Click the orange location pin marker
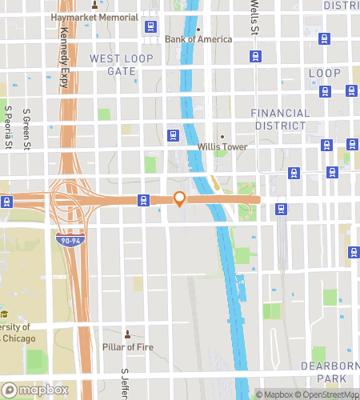point(180,198)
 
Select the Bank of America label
point(198,39)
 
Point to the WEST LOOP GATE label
point(113,65)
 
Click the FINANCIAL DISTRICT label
point(278,119)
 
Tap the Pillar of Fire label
point(128,346)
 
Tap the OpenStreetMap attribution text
point(328,394)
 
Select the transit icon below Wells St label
point(255,56)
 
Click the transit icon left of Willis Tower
point(172,134)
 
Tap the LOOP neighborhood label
point(325,73)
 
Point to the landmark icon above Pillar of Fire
point(127,333)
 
